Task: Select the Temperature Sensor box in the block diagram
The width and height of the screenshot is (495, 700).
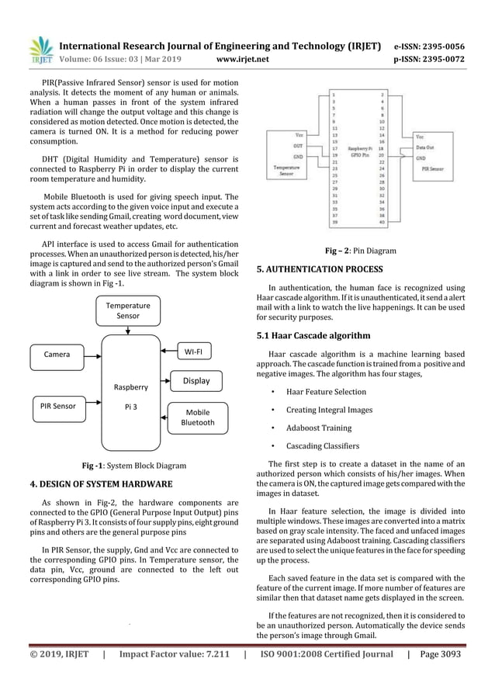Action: [128, 311]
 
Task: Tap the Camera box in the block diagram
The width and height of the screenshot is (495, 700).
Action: [57, 355]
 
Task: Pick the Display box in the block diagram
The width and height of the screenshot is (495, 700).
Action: [196, 381]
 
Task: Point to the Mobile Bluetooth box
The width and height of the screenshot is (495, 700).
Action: [198, 418]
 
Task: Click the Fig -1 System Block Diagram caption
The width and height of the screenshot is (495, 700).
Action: [133, 466]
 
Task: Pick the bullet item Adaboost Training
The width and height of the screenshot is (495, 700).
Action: [318, 428]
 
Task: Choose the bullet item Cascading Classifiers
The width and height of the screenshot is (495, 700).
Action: [324, 446]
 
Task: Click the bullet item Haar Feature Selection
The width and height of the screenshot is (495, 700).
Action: [326, 391]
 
